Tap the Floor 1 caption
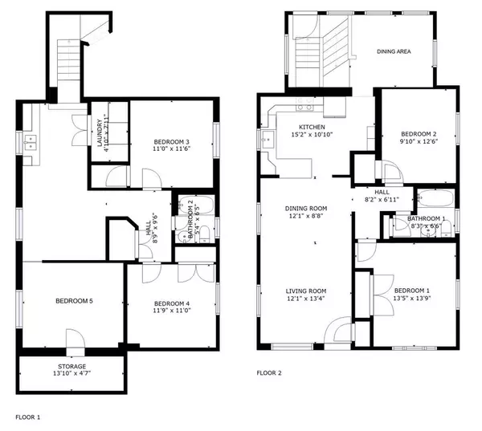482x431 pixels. [x=27, y=417]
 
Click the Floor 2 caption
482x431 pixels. [x=269, y=372]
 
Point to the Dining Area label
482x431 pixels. [x=394, y=51]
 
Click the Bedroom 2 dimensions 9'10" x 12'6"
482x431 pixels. [x=419, y=142]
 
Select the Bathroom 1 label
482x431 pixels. [x=426, y=218]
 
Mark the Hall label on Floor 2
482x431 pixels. [x=382, y=192]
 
